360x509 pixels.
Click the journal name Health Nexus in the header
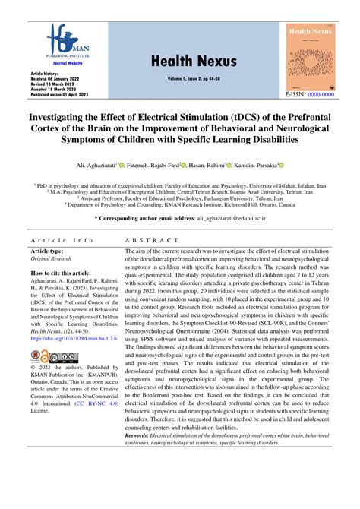pos(180,62)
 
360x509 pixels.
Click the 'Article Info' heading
pos(62,240)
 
